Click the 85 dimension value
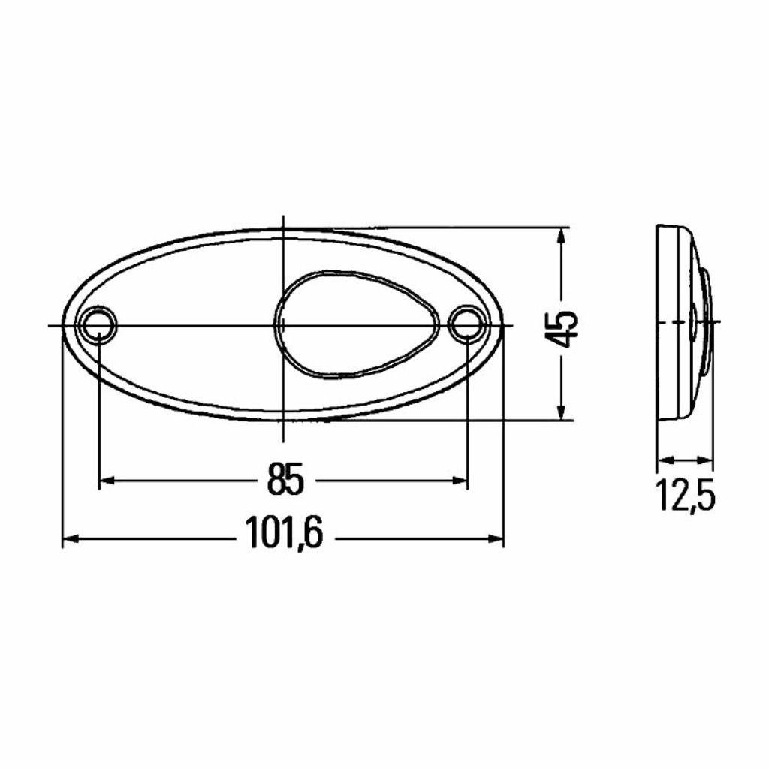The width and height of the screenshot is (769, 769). click(285, 479)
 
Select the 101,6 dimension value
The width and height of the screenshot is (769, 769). click(285, 533)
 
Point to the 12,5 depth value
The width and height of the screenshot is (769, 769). click(685, 496)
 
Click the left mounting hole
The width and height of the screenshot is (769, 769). click(99, 324)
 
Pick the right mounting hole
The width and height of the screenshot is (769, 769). click(466, 324)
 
